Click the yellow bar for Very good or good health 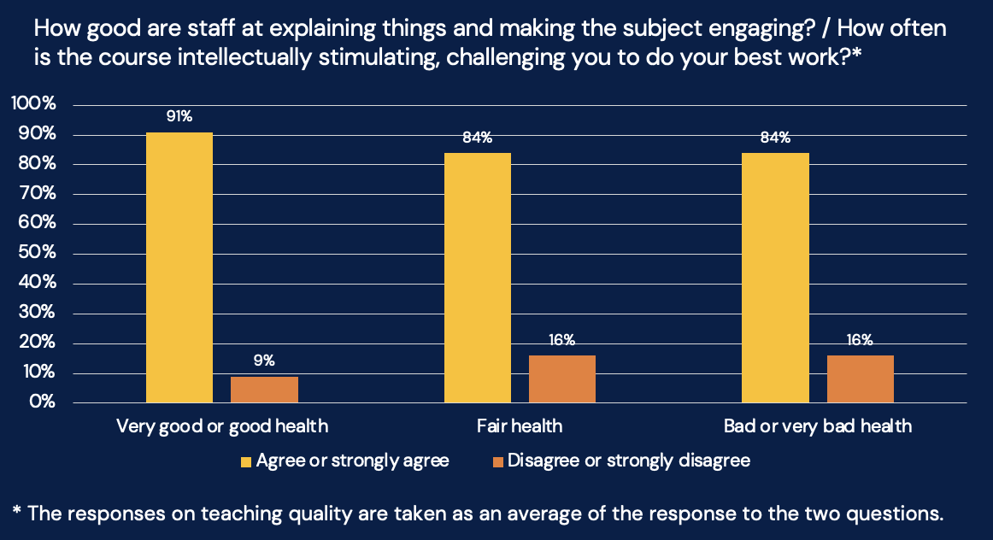click(179, 267)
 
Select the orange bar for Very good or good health click(264, 390)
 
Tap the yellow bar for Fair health click(478, 278)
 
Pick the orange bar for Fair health click(561, 379)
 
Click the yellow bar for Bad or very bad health click(775, 278)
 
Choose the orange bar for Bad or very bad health click(860, 379)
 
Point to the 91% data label click(179, 117)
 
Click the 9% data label click(264, 361)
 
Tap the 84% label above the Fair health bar click(478, 138)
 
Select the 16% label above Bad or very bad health click(860, 340)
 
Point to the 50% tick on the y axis click(36, 254)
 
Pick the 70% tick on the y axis click(36, 194)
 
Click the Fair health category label click(520, 426)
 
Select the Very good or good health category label click(222, 426)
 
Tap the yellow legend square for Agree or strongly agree click(246, 461)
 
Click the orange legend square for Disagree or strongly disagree click(498, 461)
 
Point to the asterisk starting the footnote click(16, 512)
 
